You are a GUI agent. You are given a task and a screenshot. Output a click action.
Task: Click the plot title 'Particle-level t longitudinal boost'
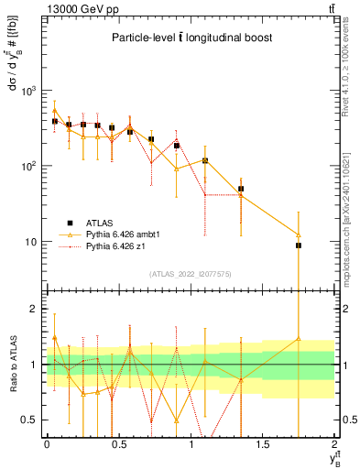(x=190, y=38)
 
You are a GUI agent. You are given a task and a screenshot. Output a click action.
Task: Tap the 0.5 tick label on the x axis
(x=118, y=444)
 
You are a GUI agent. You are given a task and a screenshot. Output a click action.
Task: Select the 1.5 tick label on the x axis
(x=263, y=444)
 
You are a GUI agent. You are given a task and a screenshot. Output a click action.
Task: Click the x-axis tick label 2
(x=334, y=444)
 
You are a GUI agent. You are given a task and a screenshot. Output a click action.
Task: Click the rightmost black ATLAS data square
(x=299, y=245)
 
